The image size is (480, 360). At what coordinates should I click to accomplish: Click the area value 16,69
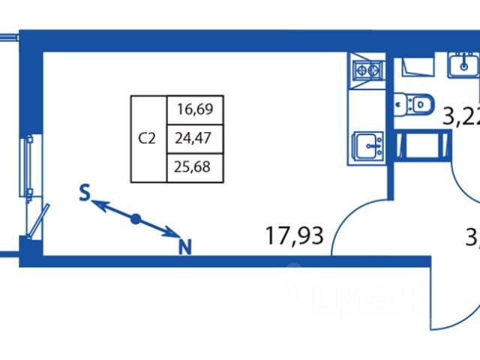pos(195,109)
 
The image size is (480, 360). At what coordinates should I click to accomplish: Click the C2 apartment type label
pos(148,138)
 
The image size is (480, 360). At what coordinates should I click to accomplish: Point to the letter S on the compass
pos(85,193)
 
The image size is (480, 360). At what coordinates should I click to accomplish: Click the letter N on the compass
pos(184,245)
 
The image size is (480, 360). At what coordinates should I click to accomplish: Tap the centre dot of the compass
pos(136,219)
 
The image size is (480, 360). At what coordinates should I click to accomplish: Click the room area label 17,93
pos(293,236)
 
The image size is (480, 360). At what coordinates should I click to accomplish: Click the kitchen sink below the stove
pos(367,145)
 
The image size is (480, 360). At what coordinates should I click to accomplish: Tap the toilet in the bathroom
pos(414,103)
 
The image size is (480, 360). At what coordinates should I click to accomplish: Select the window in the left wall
pos(29,165)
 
